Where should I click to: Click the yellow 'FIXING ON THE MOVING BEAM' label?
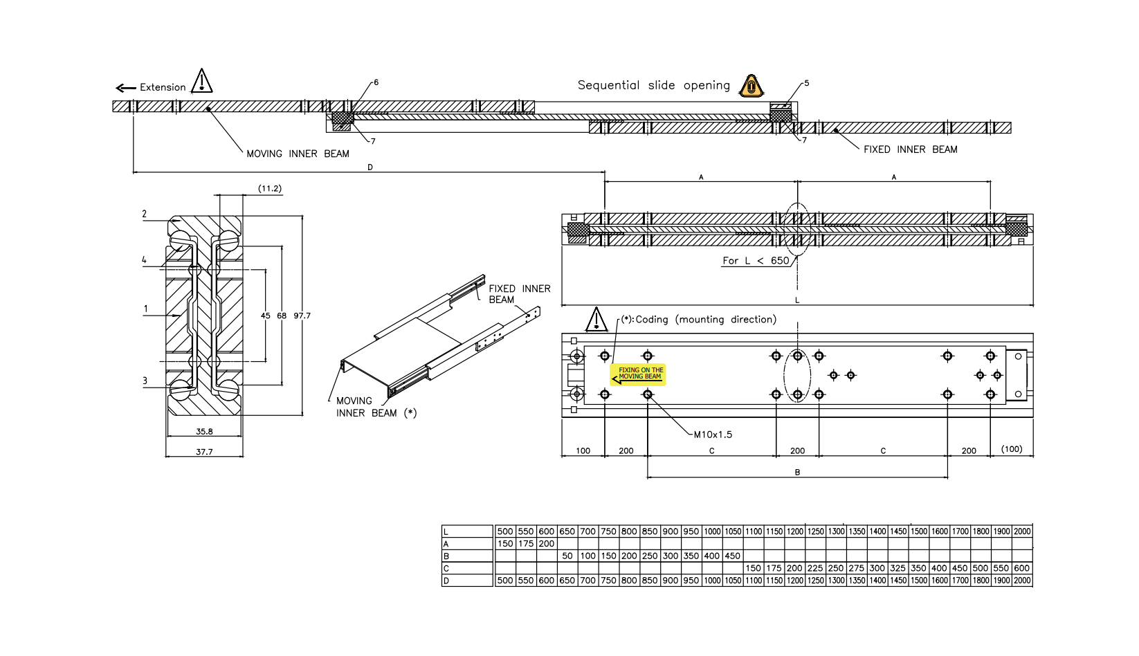(638, 374)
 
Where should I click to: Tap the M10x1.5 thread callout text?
(713, 435)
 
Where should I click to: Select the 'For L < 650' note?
(756, 261)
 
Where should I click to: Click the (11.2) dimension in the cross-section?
(270, 188)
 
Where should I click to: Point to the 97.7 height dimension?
(302, 316)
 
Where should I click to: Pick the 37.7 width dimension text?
(204, 452)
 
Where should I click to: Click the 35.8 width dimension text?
(204, 431)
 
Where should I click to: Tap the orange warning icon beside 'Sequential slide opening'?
(751, 86)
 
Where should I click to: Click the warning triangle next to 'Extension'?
(201, 81)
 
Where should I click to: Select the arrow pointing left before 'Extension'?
(125, 88)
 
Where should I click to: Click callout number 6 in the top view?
(376, 82)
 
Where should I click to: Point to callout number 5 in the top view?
(806, 83)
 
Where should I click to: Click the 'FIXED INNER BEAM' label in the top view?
(910, 149)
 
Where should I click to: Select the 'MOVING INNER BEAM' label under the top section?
(298, 154)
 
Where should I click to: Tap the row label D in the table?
(446, 581)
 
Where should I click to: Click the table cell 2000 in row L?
(1022, 531)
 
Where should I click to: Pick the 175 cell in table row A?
(526, 544)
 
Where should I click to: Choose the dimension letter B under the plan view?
(797, 473)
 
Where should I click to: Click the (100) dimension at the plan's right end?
(1012, 449)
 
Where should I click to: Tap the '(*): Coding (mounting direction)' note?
(698, 320)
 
